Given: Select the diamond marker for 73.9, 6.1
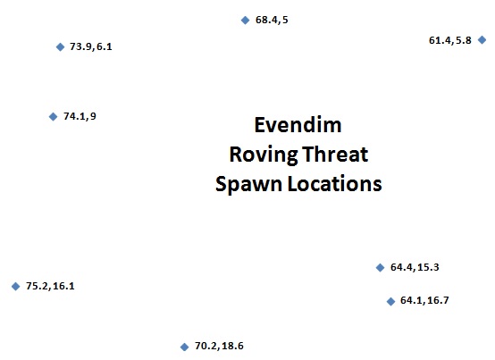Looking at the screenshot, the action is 60,47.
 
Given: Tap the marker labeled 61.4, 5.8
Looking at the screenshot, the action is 482,40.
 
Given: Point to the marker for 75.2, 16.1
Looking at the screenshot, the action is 16,286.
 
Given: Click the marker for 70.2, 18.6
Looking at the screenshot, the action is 184,347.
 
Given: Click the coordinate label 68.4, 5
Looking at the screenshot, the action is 272,20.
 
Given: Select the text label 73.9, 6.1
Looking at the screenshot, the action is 91,46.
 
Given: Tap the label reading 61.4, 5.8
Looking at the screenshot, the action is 450,40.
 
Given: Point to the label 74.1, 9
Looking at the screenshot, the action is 80,116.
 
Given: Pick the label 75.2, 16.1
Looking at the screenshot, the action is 50,286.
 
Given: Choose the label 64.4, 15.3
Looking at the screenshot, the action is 415,267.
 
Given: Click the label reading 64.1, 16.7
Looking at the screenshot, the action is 424,300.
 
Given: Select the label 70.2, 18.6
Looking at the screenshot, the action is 219,346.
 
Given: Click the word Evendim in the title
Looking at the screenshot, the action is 298,125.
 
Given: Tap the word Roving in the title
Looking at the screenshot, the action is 264,155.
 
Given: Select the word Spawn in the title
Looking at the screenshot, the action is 248,184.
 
